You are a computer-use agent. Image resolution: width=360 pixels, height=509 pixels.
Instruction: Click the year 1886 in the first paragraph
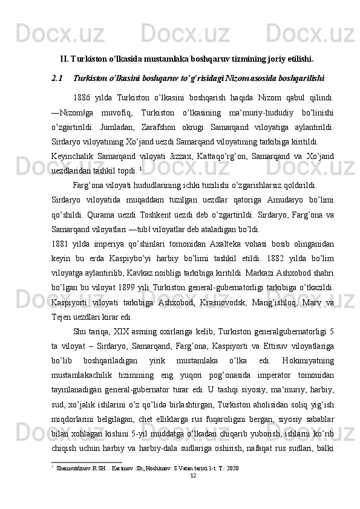click(80, 98)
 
